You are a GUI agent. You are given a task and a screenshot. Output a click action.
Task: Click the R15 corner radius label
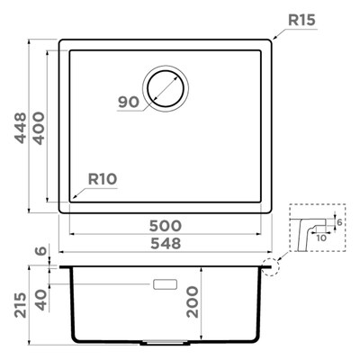tap(301, 20)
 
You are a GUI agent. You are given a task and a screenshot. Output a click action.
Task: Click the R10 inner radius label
tap(103, 179)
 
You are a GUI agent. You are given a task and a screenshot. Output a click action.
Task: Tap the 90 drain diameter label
tap(129, 102)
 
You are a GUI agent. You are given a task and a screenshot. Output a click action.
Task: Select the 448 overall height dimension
tap(21, 128)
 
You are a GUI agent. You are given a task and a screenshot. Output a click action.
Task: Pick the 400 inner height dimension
tap(39, 128)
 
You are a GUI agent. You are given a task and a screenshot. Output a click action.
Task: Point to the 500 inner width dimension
tap(166, 226)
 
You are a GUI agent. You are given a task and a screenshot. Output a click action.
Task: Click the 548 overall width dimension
tap(166, 243)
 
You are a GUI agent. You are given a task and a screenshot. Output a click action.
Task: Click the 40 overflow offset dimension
tap(41, 300)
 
